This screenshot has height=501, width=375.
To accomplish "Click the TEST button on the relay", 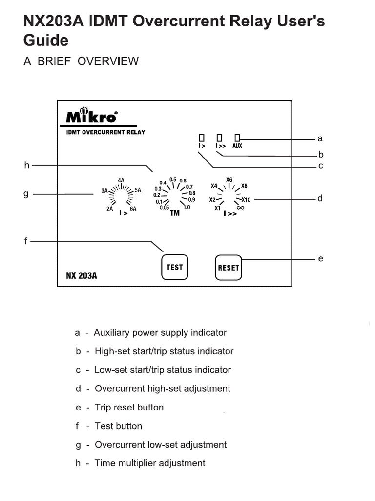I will click(174, 267).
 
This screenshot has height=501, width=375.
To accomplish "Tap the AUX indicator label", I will click(237, 146).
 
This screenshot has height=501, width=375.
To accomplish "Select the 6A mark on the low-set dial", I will click(133, 209).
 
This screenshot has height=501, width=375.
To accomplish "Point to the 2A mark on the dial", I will click(110, 209).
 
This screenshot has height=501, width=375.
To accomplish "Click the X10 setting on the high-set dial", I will click(246, 200).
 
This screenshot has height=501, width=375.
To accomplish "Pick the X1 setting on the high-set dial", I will click(217, 209).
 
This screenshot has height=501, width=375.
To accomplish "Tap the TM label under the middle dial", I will click(174, 213).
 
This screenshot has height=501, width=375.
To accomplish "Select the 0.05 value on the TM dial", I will click(164, 208).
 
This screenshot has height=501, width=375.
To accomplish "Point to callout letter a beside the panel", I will click(320, 138).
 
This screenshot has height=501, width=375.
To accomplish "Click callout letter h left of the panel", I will click(27, 166).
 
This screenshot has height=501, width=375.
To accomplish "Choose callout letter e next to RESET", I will click(320, 258).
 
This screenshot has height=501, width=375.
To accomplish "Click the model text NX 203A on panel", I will click(81, 275).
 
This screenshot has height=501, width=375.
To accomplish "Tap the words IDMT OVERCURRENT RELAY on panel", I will click(105, 132).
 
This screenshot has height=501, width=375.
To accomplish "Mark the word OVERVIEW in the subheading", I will click(108, 61).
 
